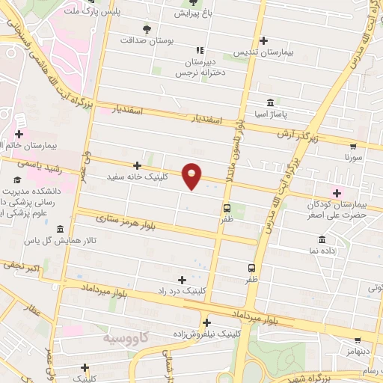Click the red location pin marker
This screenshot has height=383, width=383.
(x=192, y=176)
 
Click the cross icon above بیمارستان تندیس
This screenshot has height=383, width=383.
(x=263, y=40)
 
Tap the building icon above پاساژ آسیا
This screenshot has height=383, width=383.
(x=270, y=103)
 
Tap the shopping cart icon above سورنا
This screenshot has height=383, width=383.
(x=353, y=147)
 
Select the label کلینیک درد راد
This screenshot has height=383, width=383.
(x=182, y=290)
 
